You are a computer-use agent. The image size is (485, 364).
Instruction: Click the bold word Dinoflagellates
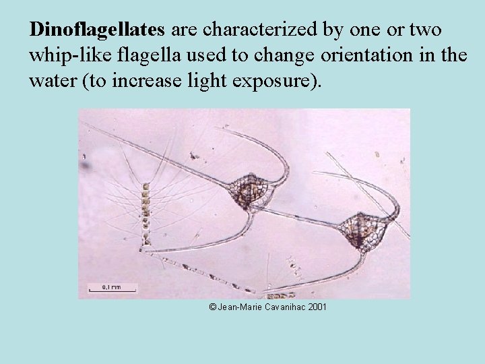(x=99, y=30)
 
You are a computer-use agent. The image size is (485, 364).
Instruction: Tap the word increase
(x=168, y=82)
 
